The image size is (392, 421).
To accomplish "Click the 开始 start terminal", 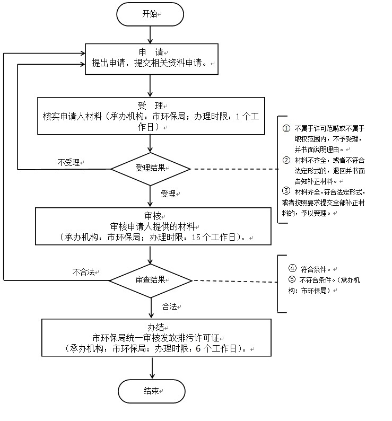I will [151, 14].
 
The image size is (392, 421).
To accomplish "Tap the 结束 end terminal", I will [151, 391].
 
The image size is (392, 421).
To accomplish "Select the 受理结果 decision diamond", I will [151, 169].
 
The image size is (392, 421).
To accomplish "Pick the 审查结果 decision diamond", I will [151, 279].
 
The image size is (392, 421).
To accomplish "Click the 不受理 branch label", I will [68, 162].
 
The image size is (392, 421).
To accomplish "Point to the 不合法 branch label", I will [83, 273].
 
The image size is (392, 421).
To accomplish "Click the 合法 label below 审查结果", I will [170, 306].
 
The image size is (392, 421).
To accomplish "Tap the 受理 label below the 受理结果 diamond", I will [168, 194].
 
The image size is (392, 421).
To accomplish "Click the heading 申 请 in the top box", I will [151, 53].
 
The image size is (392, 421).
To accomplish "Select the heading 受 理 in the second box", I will [150, 105].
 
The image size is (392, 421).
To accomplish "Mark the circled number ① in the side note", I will [286, 129].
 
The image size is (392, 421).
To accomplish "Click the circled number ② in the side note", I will [286, 160].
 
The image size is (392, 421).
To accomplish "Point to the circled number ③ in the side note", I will [286, 191].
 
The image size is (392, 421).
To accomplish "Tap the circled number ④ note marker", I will [291, 268].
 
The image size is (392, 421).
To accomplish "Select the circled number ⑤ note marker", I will [291, 279].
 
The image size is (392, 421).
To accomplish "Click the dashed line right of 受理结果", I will [233, 169].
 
